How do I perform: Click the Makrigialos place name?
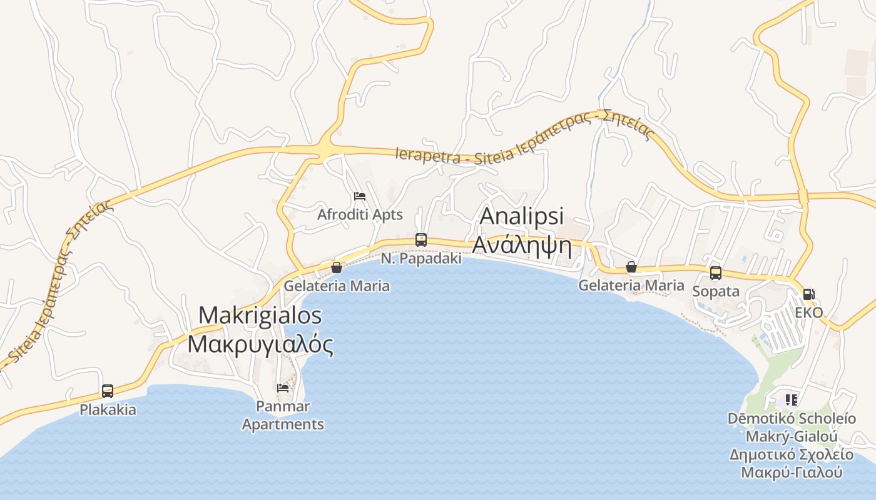point(260,315)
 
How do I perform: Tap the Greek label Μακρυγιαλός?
point(260,344)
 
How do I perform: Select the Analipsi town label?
point(521,216)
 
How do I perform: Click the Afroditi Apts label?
point(360,214)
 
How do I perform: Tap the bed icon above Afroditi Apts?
point(360,197)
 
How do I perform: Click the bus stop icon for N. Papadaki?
point(421,240)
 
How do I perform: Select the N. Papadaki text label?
point(421,258)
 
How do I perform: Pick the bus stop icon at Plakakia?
point(108,391)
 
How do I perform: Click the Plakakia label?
point(108,410)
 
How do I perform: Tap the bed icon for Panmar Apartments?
point(283,388)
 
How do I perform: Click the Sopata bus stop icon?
point(716,273)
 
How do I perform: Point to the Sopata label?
point(716,291)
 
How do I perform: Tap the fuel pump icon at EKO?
point(809,294)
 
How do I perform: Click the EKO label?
point(809,312)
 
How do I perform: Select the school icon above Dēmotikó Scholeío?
point(792,399)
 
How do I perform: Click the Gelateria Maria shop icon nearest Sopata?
point(631,267)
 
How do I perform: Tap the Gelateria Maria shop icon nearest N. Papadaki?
point(337,267)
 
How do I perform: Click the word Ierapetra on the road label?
point(427,156)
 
